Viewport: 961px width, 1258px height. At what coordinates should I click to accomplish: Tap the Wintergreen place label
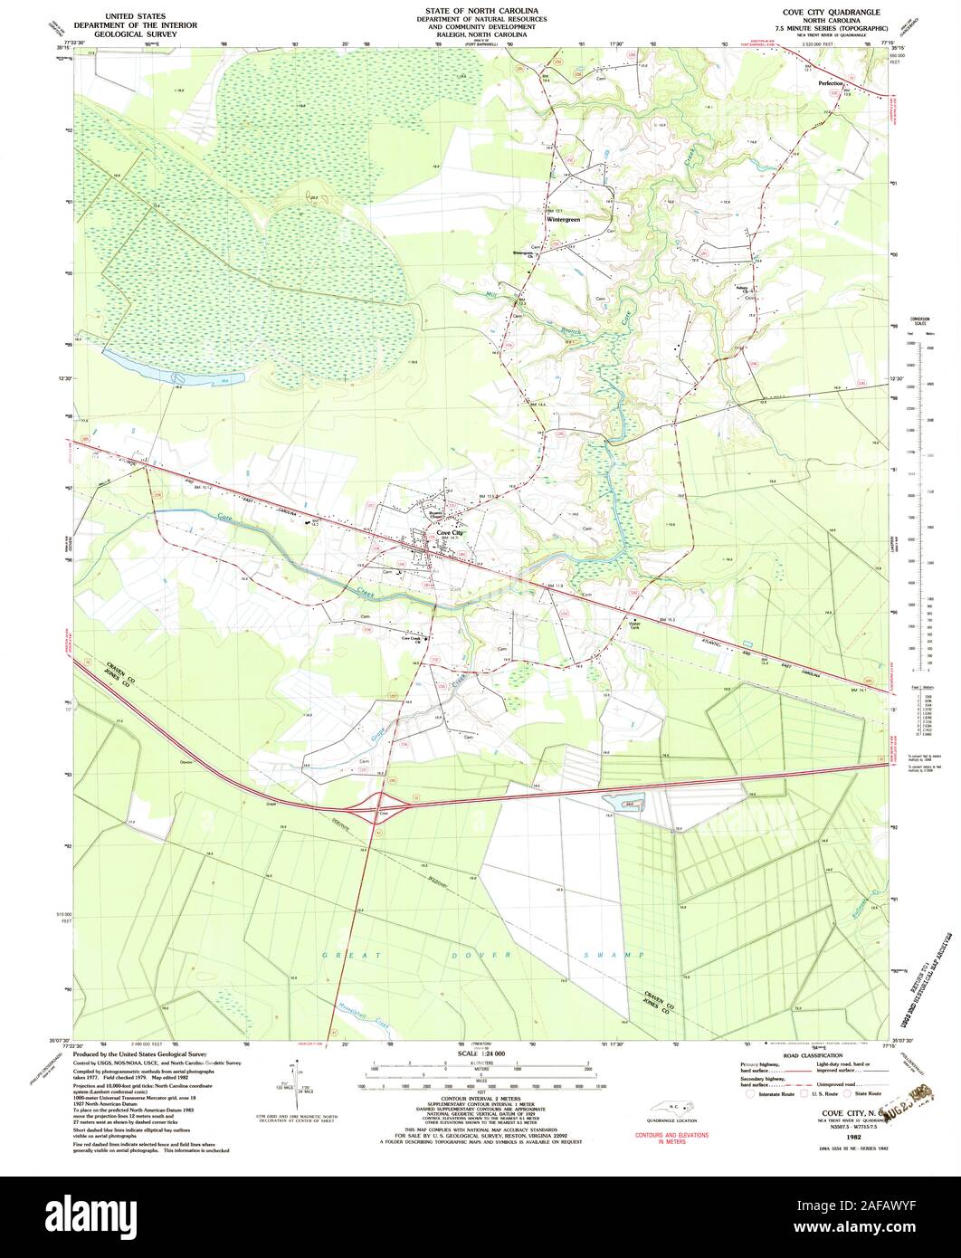click(563, 219)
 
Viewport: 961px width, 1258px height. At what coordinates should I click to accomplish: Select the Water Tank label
click(633, 624)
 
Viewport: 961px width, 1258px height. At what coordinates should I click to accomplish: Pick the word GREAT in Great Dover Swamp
click(343, 955)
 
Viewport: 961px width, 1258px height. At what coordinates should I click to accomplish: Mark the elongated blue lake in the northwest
click(172, 368)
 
